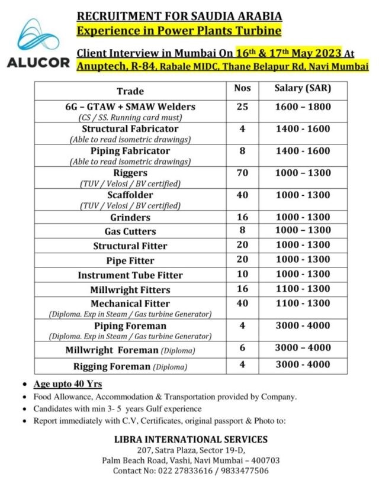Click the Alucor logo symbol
pyautogui.click(x=38, y=38)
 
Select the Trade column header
pyautogui.click(x=130, y=91)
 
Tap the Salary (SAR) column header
pyautogui.click(x=303, y=89)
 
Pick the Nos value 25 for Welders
pyautogui.click(x=242, y=107)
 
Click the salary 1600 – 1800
pyautogui.click(x=303, y=107)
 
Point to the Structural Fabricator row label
pyautogui.click(x=130, y=128)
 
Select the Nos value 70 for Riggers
pyautogui.click(x=242, y=173)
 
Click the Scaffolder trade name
pyautogui.click(x=130, y=195)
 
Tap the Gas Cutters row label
pyautogui.click(x=130, y=231)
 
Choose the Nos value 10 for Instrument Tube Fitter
pyautogui.click(x=242, y=275)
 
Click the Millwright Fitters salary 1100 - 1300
pyautogui.click(x=303, y=289)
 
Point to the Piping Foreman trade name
pyautogui.click(x=130, y=326)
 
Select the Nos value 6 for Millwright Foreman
pyautogui.click(x=242, y=348)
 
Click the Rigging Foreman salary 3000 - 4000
pyautogui.click(x=303, y=365)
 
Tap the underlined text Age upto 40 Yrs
pyautogui.click(x=68, y=384)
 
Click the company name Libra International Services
pyautogui.click(x=191, y=439)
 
